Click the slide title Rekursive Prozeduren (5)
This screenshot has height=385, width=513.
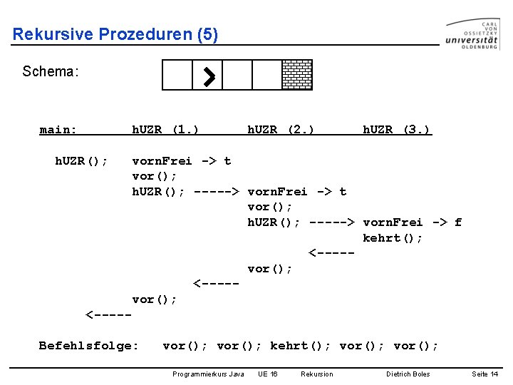115,34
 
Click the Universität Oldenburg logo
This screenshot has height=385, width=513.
472,34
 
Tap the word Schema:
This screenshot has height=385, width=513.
50,71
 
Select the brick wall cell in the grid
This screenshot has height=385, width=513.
297,75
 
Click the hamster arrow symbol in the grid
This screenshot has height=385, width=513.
208,75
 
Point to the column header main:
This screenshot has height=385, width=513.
58,130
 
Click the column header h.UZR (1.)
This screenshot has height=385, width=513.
165,130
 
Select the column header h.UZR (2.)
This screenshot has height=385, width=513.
281,130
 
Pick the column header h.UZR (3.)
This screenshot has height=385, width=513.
396,130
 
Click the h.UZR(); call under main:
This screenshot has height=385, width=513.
81,161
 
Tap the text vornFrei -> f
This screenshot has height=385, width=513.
412,222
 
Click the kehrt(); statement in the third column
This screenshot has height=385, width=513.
393,238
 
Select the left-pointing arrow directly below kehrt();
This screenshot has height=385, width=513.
331,253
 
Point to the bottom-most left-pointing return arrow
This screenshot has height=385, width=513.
108,314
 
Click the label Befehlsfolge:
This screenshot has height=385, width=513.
88,346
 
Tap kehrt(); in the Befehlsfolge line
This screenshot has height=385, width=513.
300,346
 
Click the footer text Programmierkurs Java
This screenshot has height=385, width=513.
208,374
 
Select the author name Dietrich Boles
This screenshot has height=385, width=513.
408,374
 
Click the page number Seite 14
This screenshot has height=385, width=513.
484,374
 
